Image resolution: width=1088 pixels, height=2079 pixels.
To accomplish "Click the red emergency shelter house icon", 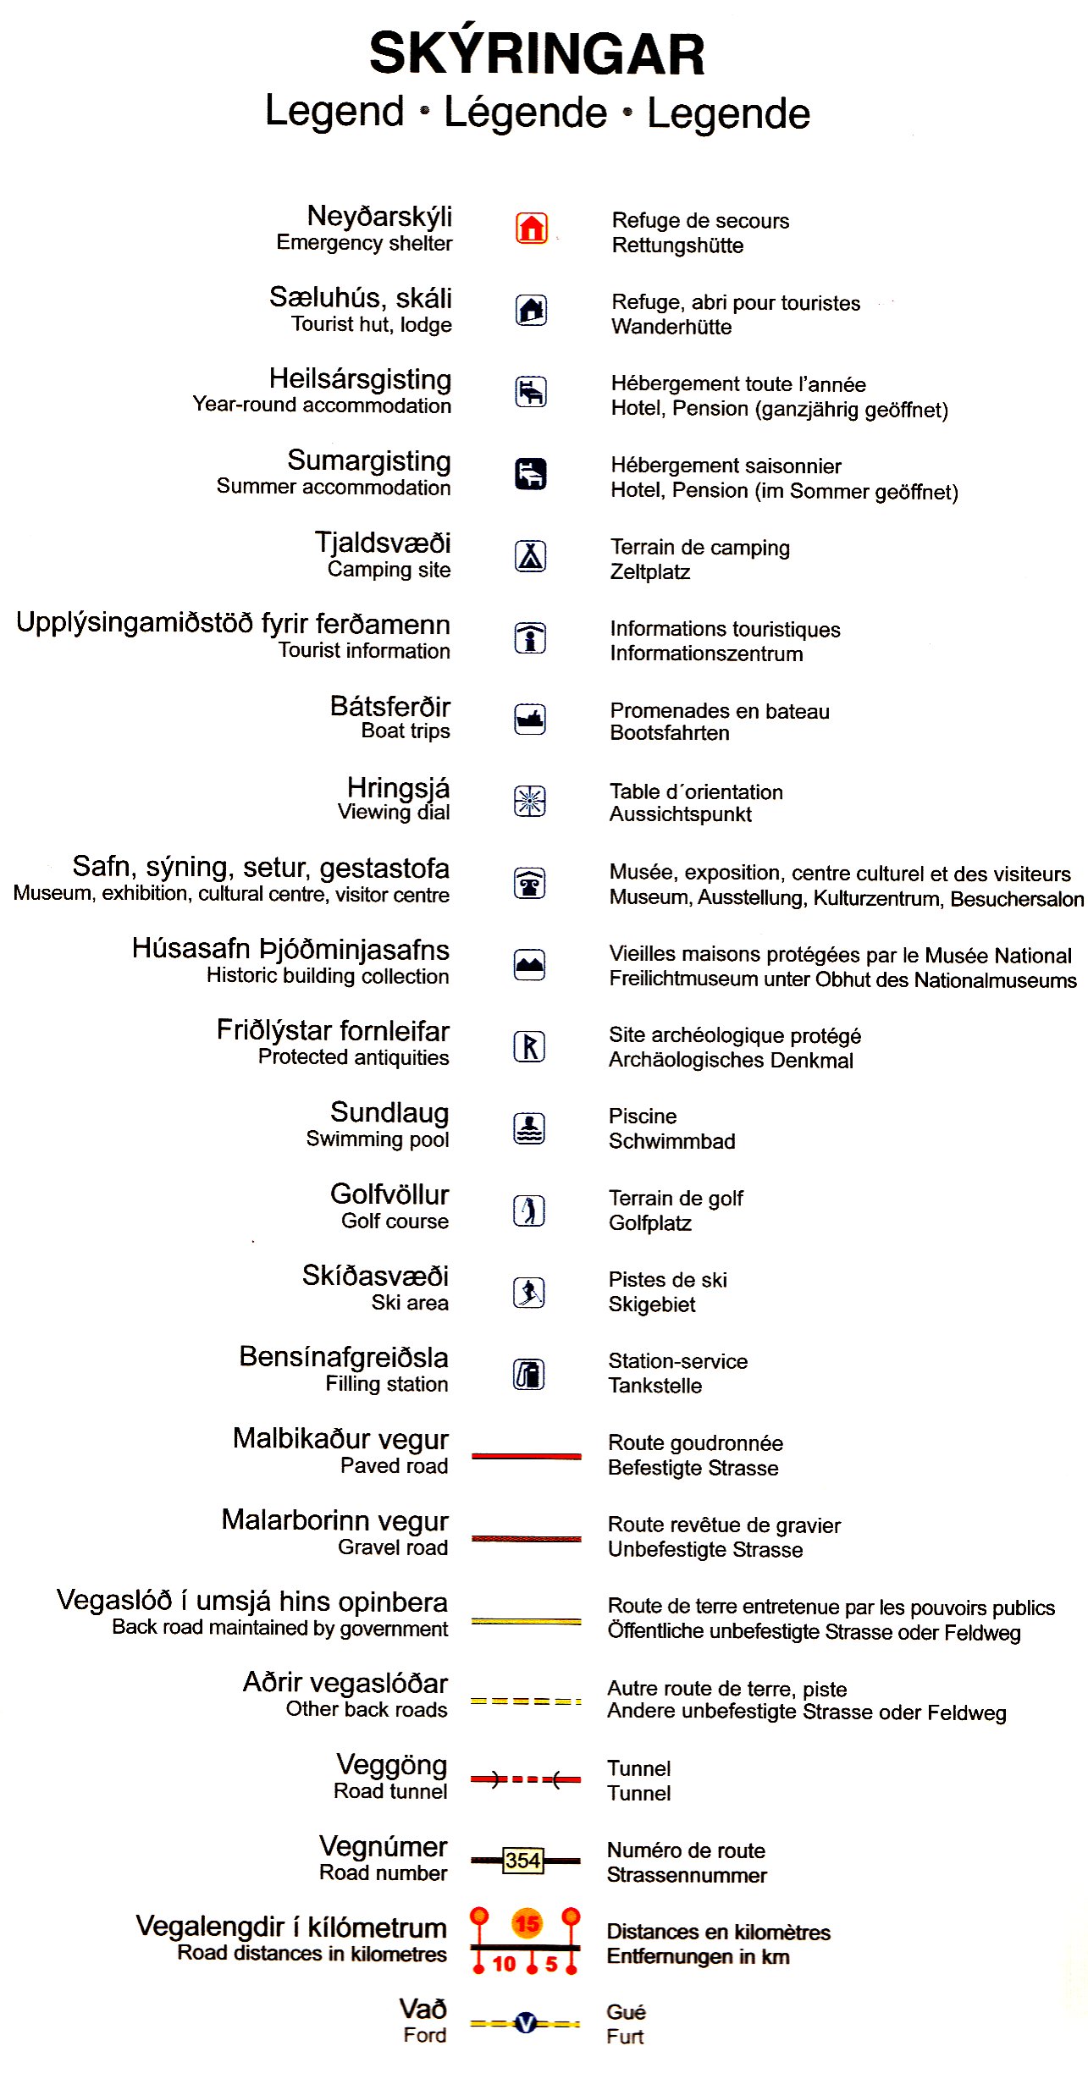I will pyautogui.click(x=532, y=229).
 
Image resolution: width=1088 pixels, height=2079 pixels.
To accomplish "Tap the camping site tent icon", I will pyautogui.click(x=531, y=556).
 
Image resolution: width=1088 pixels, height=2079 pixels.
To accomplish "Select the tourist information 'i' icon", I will pyautogui.click(x=531, y=637).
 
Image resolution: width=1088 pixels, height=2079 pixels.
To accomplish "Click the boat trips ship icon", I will pyautogui.click(x=531, y=720).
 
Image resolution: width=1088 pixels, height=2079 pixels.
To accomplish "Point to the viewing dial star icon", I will pyautogui.click(x=530, y=801).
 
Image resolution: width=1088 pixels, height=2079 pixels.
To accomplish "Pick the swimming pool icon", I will pyautogui.click(x=530, y=1128).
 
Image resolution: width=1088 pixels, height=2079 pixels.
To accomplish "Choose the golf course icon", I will pyautogui.click(x=530, y=1210).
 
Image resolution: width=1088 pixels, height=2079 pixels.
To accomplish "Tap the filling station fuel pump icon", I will pyautogui.click(x=530, y=1374).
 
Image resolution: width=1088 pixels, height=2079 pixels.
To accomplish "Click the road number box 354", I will pyautogui.click(x=523, y=1861).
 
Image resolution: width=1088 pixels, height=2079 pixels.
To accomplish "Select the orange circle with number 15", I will pyautogui.click(x=527, y=1923).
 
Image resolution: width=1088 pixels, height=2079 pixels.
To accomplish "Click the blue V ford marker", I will pyautogui.click(x=526, y=2024).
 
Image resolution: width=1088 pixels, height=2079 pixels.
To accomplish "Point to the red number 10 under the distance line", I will pyautogui.click(x=504, y=1964).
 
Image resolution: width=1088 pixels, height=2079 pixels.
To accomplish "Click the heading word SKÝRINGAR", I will pyautogui.click(x=537, y=54).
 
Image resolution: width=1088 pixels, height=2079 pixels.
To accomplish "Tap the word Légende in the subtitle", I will pyautogui.click(x=526, y=113).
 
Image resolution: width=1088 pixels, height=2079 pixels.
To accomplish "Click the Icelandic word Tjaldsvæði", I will pyautogui.click(x=383, y=543).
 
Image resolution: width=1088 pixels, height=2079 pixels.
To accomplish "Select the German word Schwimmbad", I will pyautogui.click(x=671, y=1141).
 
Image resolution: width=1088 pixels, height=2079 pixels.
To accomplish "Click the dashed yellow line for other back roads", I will pyautogui.click(x=526, y=1701).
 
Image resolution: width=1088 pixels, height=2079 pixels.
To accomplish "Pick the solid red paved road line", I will pyautogui.click(x=526, y=1456).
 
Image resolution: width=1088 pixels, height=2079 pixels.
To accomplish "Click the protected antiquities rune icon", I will pyautogui.click(x=530, y=1047).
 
